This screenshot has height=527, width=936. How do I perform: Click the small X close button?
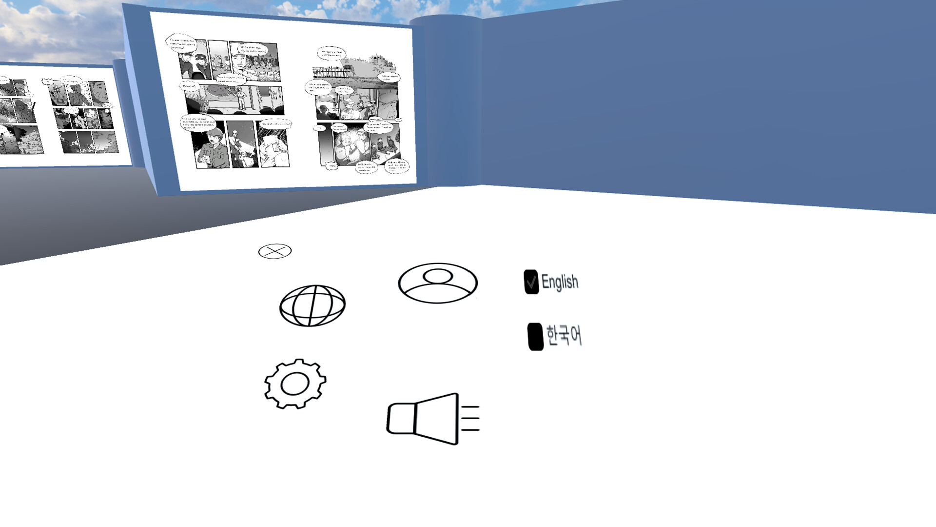coord(275,251)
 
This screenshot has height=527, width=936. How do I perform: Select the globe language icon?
coord(312,305)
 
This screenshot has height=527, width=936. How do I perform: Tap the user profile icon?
coord(438,283)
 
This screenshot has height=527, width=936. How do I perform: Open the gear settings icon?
coord(295,384)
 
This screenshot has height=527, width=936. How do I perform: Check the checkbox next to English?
coord(531,282)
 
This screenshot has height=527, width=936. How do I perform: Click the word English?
coord(560,282)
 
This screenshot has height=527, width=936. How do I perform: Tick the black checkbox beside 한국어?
coord(535,337)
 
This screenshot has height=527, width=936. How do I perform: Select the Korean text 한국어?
coord(564,336)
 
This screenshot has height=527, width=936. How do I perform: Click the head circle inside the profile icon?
coord(438,276)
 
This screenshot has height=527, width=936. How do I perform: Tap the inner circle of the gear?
coord(295,384)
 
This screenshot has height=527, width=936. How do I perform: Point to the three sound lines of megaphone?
coord(470,418)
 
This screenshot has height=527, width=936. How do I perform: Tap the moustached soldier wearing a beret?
coord(213,149)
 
